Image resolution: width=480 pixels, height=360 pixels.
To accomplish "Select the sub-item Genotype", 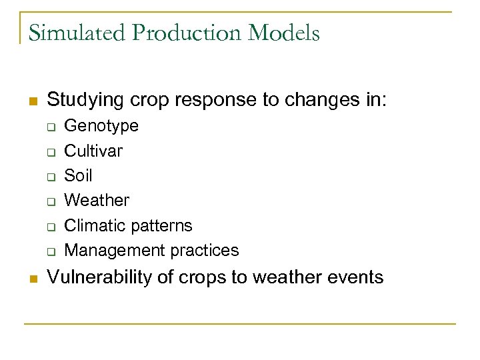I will [x=101, y=126].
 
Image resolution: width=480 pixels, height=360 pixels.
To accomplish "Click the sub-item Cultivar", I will [x=93, y=151].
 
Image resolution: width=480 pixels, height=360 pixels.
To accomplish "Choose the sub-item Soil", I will [x=78, y=175].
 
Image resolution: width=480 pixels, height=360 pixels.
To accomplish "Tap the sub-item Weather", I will [x=97, y=200].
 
